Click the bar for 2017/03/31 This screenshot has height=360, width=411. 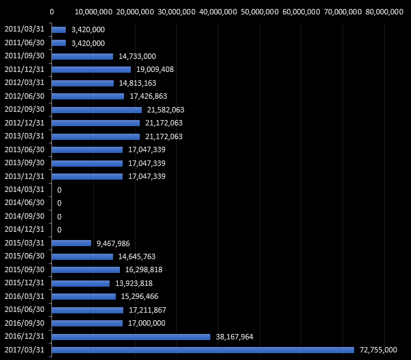(x=203, y=350)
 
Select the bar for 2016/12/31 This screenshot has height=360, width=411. (x=131, y=337)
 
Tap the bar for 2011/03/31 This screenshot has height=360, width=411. (x=59, y=29)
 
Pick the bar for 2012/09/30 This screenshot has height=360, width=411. (x=97, y=110)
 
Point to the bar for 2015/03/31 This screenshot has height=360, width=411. (x=71, y=243)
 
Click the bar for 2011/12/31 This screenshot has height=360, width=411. (x=91, y=69)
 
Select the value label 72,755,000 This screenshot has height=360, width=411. (x=378, y=350)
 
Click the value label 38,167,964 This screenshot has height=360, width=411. (x=234, y=337)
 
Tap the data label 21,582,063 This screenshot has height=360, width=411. (x=165, y=110)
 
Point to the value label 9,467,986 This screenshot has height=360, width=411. (x=113, y=243)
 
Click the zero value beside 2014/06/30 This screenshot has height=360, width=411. (x=60, y=203)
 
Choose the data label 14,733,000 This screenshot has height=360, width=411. (x=137, y=56)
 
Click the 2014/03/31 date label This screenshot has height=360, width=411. (x=24, y=189)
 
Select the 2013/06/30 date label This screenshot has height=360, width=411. (x=24, y=149)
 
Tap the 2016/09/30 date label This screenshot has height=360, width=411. (x=24, y=323)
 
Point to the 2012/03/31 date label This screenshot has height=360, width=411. (x=24, y=83)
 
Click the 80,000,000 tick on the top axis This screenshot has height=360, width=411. (x=384, y=11)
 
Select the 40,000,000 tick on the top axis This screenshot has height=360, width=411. (x=218, y=11)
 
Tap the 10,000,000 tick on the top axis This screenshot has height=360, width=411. (x=93, y=11)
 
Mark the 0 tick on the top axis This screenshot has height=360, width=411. (x=52, y=11)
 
